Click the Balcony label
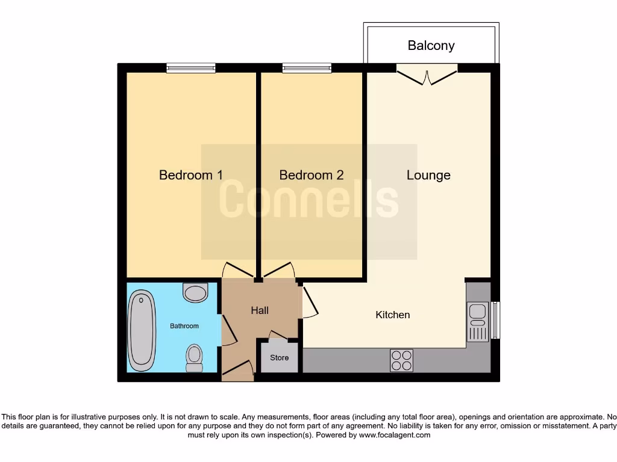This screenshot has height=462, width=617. [x=431, y=46]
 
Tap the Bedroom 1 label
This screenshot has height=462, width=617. [x=190, y=175]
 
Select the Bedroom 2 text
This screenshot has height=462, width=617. [x=312, y=175]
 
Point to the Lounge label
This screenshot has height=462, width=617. [x=428, y=175]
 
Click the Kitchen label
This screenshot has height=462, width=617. [x=393, y=315]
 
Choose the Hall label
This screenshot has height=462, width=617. [x=260, y=310]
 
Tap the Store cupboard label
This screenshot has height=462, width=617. [x=279, y=357]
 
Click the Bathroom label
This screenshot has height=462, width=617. [x=184, y=326]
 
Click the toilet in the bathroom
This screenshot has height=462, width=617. [x=194, y=358]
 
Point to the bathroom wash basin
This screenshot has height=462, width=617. [x=195, y=293]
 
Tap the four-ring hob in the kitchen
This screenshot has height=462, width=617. [x=401, y=360]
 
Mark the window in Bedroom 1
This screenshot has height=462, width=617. [x=191, y=69]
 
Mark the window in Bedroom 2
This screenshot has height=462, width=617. [x=307, y=69]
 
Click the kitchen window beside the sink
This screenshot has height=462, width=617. [x=495, y=319]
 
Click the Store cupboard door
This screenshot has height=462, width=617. [x=279, y=334]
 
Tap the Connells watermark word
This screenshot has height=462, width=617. [x=308, y=201]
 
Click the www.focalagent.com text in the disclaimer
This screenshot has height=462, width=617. [x=395, y=435]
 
